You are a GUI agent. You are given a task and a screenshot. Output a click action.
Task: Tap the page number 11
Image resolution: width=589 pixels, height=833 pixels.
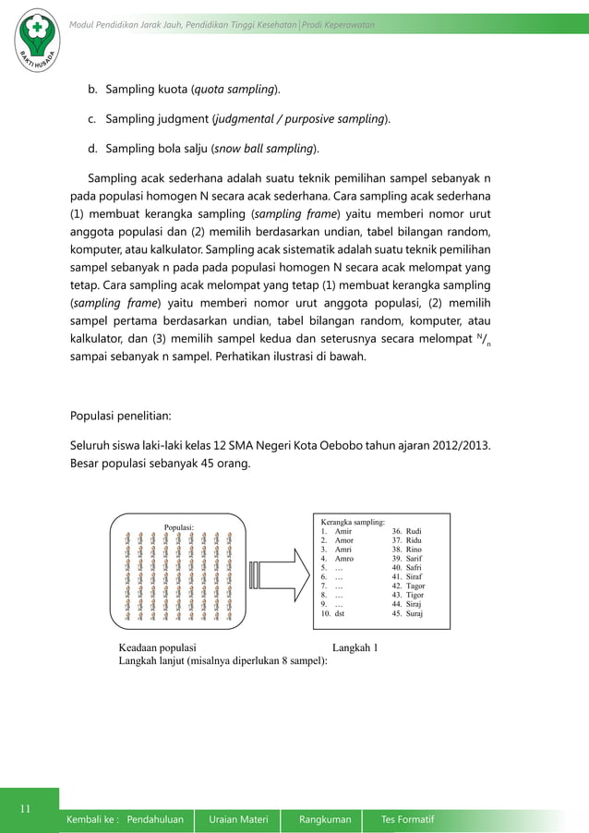(x=28, y=810)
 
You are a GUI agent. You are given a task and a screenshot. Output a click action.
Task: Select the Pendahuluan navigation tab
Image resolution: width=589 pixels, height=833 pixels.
(x=155, y=819)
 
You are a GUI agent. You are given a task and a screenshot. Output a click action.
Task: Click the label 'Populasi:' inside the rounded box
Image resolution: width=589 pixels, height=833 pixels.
(x=179, y=527)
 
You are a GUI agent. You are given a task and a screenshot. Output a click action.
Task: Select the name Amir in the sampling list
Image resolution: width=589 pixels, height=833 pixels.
(x=343, y=531)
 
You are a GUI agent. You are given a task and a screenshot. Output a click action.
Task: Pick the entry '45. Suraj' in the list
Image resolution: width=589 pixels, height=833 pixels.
(x=408, y=613)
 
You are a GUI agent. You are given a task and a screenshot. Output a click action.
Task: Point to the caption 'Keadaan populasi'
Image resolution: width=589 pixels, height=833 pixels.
(x=157, y=647)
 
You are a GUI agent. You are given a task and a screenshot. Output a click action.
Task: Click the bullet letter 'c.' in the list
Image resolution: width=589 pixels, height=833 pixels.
(x=93, y=119)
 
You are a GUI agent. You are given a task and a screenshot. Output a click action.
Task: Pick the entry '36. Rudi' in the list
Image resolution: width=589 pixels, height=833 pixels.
(x=407, y=531)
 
